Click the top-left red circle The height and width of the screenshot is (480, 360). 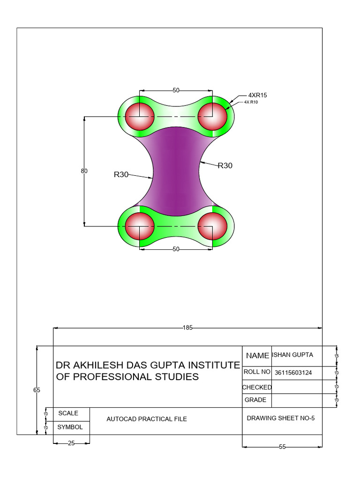(140, 116)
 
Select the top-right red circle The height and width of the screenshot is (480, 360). (212, 116)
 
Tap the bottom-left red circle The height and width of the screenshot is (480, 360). (140, 225)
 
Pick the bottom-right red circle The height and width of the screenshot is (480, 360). (212, 225)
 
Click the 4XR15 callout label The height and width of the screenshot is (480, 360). (257, 95)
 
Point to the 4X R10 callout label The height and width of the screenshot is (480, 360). (251, 102)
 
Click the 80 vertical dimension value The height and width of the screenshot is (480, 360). (84, 171)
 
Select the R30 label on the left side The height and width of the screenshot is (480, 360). (121, 174)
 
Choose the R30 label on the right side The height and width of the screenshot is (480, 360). (225, 165)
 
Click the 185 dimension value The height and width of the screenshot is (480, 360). (188, 328)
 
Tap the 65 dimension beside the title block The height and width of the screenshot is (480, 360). (37, 390)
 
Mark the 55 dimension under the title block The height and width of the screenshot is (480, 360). (282, 447)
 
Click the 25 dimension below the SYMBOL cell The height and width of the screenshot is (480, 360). (71, 443)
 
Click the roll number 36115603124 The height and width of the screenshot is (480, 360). (293, 373)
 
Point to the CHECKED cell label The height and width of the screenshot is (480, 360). (257, 387)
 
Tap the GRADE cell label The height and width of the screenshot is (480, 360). (255, 400)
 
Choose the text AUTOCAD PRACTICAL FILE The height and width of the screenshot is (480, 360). (147, 419)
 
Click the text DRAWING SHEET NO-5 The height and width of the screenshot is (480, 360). (277, 418)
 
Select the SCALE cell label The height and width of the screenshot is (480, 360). (68, 413)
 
